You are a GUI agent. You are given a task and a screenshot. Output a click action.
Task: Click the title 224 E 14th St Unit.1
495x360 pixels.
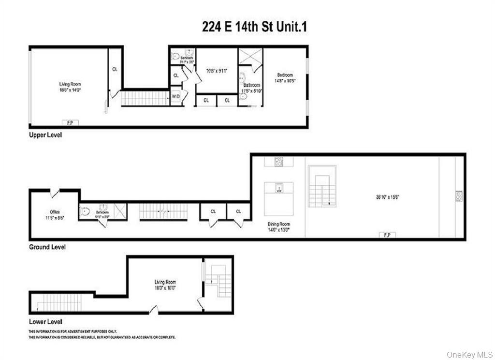click(254, 27)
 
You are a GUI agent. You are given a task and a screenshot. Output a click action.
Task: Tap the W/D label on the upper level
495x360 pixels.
click(175, 97)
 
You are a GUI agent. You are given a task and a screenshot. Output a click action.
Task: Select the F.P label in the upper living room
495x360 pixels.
click(70, 122)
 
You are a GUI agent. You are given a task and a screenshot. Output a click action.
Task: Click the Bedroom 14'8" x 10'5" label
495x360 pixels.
click(285, 77)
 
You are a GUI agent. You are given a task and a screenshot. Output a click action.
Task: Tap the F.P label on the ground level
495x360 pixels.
click(387, 235)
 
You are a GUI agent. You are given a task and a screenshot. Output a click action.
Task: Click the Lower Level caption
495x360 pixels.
click(45, 321)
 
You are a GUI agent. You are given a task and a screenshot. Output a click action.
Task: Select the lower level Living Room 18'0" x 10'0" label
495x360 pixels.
click(165, 285)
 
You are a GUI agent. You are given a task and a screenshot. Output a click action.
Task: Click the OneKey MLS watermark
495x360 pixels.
click(469, 354)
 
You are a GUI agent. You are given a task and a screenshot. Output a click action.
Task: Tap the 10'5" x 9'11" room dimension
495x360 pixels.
click(217, 71)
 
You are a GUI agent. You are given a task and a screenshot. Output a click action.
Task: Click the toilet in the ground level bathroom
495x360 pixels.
click(85, 211)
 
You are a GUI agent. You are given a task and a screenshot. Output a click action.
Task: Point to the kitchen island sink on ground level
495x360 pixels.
click(278, 188)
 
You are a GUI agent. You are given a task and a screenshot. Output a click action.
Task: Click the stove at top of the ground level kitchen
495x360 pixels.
click(279, 161)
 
